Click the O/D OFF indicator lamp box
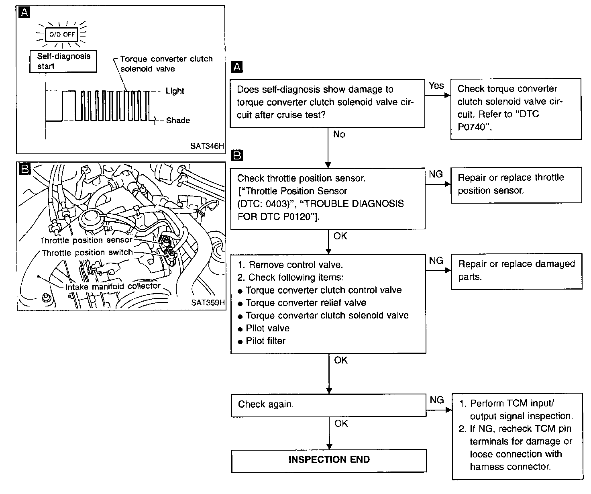pyautogui.click(x=62, y=34)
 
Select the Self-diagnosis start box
pyautogui.click(x=63, y=61)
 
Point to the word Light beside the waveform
pyautogui.click(x=175, y=91)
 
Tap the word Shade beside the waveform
pyautogui.click(x=177, y=120)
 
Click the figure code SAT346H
pyautogui.click(x=207, y=146)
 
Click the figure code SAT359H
pyautogui.click(x=208, y=302)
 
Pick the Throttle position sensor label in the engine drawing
pyautogui.click(x=86, y=240)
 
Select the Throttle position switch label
pyautogui.click(x=87, y=253)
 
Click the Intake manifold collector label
pyautogui.click(x=113, y=286)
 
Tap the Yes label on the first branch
pyautogui.click(x=436, y=86)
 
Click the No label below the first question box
pyautogui.click(x=339, y=134)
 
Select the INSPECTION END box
pyautogui.click(x=329, y=460)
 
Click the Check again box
pyautogui.click(x=329, y=404)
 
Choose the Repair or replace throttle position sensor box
pyautogui.click(x=516, y=184)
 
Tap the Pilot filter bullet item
pyautogui.click(x=265, y=341)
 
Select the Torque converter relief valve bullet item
pyautogui.click(x=306, y=303)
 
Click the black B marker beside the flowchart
pyautogui.click(x=238, y=155)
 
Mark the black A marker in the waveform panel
pyautogui.click(x=24, y=13)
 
